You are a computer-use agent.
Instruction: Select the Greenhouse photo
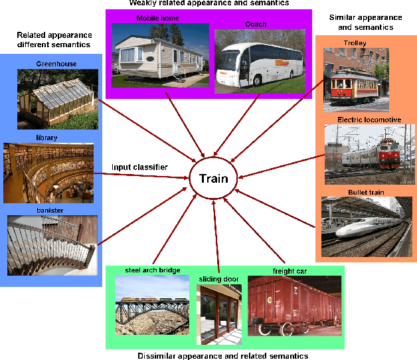pyautogui.click(x=58, y=99)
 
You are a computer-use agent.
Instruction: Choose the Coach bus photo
pyautogui.click(x=256, y=60)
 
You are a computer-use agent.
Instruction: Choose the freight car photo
pyautogui.click(x=293, y=306)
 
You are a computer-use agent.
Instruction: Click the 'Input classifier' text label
pyautogui.click(x=139, y=167)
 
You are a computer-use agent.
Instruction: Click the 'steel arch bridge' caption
pyautogui.click(x=152, y=270)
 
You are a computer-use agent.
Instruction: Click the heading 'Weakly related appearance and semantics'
pyautogui.click(x=208, y=3)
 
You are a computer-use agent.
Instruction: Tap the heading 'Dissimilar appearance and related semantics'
pyautogui.click(x=222, y=355)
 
